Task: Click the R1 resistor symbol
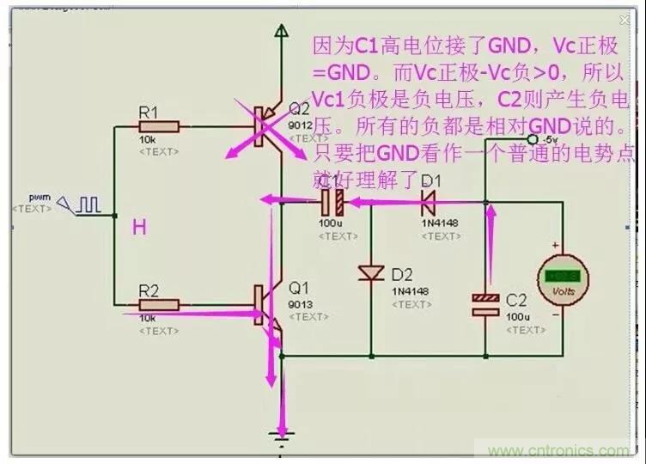click(160, 126)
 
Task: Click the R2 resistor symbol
click(160, 303)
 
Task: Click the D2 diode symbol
click(371, 272)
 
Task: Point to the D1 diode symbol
click(427, 203)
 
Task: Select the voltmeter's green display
click(564, 277)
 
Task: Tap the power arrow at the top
click(280, 32)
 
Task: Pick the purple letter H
click(138, 227)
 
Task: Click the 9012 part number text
click(298, 124)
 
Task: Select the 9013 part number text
click(299, 303)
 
